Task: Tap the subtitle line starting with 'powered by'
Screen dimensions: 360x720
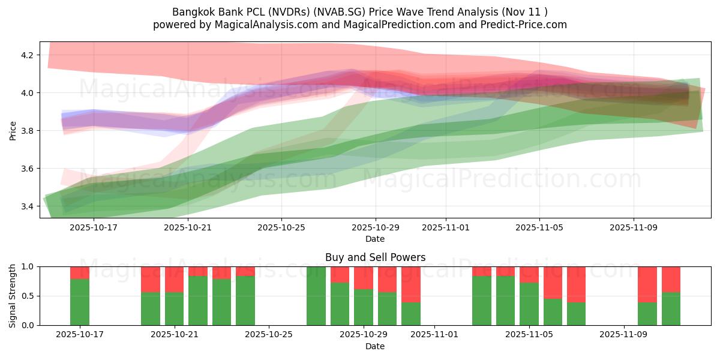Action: click(359, 25)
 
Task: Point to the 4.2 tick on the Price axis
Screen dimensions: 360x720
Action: click(28, 55)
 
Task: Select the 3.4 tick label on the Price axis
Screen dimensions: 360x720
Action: click(28, 206)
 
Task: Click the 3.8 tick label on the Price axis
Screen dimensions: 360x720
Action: click(28, 131)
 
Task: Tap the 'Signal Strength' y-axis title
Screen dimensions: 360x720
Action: click(13, 296)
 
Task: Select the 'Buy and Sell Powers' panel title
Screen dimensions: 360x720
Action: click(375, 257)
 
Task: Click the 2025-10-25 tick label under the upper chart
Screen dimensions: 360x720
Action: click(281, 227)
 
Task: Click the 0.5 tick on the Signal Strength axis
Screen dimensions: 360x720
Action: click(28, 296)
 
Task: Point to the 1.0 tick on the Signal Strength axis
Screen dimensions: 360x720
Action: click(28, 266)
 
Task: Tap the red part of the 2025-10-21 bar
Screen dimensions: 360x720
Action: click(174, 279)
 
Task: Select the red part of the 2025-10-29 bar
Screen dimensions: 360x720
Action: click(364, 277)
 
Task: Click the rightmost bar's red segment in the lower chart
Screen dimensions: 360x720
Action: click(671, 279)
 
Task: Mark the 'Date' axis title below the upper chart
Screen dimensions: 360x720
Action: click(375, 239)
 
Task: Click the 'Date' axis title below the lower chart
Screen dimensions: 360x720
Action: click(375, 346)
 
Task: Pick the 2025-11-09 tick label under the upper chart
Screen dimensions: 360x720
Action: click(634, 227)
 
